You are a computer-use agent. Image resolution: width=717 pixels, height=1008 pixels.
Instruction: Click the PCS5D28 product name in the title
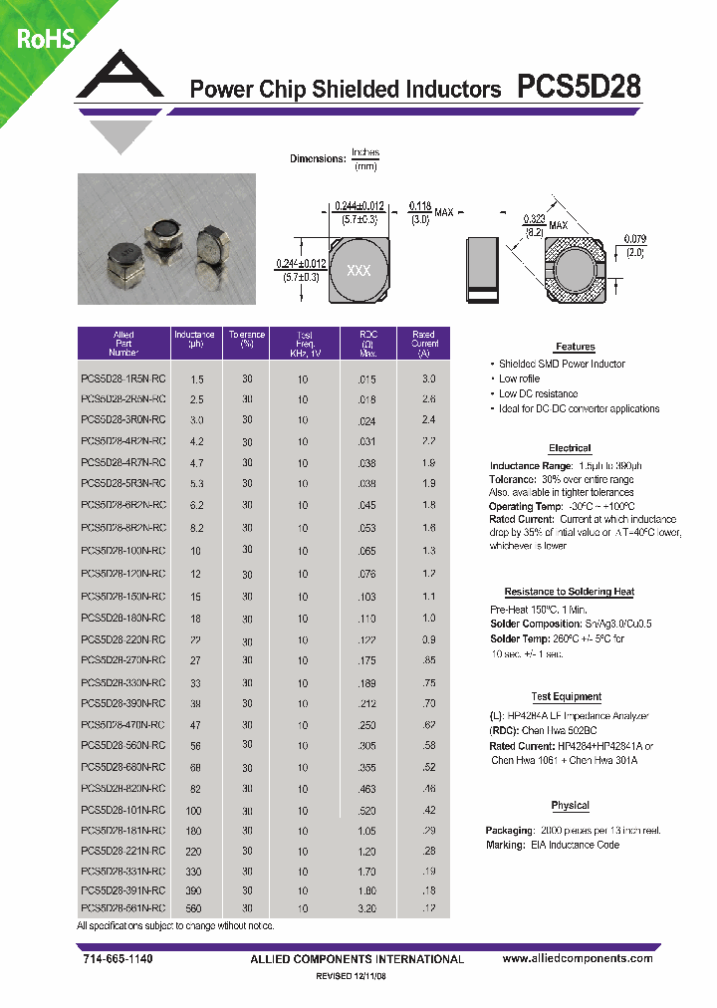(579, 88)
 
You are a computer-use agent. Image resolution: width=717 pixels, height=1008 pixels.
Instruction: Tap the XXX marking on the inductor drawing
(358, 271)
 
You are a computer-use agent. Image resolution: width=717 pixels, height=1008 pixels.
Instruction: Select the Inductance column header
(193, 343)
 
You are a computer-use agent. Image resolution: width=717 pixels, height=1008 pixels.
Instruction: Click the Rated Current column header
(423, 343)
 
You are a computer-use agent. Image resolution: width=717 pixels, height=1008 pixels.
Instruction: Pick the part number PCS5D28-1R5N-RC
(122, 379)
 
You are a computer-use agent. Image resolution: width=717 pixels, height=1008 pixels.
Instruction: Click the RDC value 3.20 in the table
(367, 909)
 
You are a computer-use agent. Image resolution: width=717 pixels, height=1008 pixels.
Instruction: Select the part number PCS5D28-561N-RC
(122, 909)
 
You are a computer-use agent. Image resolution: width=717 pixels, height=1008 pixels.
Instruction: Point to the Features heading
(575, 347)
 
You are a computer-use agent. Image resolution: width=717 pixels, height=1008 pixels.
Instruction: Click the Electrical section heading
(570, 448)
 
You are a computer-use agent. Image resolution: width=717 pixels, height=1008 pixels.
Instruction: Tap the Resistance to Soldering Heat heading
(569, 592)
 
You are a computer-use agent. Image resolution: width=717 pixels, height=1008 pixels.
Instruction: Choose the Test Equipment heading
(566, 697)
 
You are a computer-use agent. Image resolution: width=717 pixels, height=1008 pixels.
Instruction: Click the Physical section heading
(570, 805)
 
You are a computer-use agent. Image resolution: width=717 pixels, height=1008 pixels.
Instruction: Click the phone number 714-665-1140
(115, 958)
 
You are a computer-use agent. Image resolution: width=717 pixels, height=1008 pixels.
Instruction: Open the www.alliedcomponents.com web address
(577, 958)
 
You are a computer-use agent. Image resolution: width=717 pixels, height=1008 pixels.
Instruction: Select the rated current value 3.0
(428, 379)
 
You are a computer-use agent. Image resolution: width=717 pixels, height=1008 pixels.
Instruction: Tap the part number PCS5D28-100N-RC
(122, 551)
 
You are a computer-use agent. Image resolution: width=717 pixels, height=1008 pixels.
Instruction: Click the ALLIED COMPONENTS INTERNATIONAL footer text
(356, 959)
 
